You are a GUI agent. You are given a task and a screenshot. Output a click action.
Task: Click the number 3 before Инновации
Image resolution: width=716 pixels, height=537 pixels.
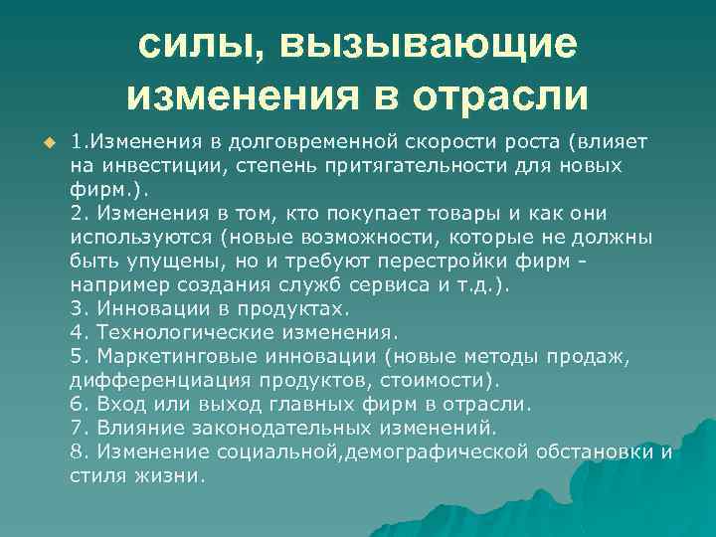pos(78,308)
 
